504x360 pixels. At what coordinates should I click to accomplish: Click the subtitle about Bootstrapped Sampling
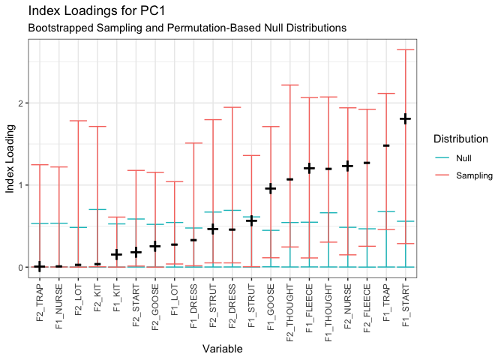186,28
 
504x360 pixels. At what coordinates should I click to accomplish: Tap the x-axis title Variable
223,349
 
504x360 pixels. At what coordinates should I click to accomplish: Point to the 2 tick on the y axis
21,103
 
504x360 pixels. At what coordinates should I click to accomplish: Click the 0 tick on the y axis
21,267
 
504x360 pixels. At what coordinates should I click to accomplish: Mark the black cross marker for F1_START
406,118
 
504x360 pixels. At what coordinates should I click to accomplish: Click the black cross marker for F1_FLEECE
309,168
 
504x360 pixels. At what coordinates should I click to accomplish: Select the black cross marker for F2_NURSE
348,166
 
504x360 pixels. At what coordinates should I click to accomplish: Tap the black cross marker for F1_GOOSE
271,188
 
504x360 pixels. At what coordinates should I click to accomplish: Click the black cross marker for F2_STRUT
213,229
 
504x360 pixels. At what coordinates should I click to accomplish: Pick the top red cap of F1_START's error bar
406,49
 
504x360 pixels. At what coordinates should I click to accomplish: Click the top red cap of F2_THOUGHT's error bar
290,85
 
